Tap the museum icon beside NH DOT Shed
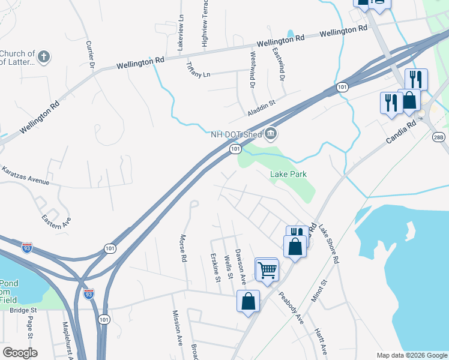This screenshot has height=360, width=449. (x=271, y=133)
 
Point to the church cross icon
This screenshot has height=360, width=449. (x=43, y=58)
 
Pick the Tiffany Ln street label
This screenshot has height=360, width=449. (x=199, y=69)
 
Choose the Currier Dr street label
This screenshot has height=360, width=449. (x=91, y=54)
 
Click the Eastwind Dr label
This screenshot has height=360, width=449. (x=279, y=65)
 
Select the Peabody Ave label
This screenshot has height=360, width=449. (x=291, y=307)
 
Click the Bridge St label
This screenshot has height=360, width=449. (x=23, y=310)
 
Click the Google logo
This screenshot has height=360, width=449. (x=20, y=353)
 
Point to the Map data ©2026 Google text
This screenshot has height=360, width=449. (x=411, y=355)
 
